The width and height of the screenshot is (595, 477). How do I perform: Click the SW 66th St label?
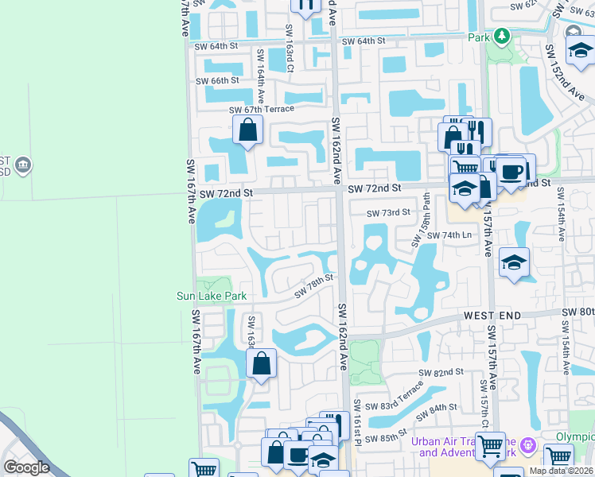[x=219, y=80]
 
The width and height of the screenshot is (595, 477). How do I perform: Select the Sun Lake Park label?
[x=212, y=296]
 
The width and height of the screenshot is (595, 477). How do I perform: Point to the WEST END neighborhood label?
[x=492, y=316]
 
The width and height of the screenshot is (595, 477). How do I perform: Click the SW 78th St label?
[x=313, y=286]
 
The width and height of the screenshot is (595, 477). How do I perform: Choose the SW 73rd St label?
[x=388, y=212]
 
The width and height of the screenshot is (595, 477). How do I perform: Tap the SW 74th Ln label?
[x=449, y=235]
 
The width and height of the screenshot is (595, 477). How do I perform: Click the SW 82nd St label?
[x=441, y=372]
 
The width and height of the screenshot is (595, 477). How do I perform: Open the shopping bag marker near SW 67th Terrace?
[x=247, y=128]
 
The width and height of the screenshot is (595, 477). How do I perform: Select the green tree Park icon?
[x=501, y=36]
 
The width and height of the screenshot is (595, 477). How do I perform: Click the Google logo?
[x=26, y=467]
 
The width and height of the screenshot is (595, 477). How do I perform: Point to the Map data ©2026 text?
[x=561, y=471]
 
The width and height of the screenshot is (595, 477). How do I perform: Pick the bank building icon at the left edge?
[x=23, y=165]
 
